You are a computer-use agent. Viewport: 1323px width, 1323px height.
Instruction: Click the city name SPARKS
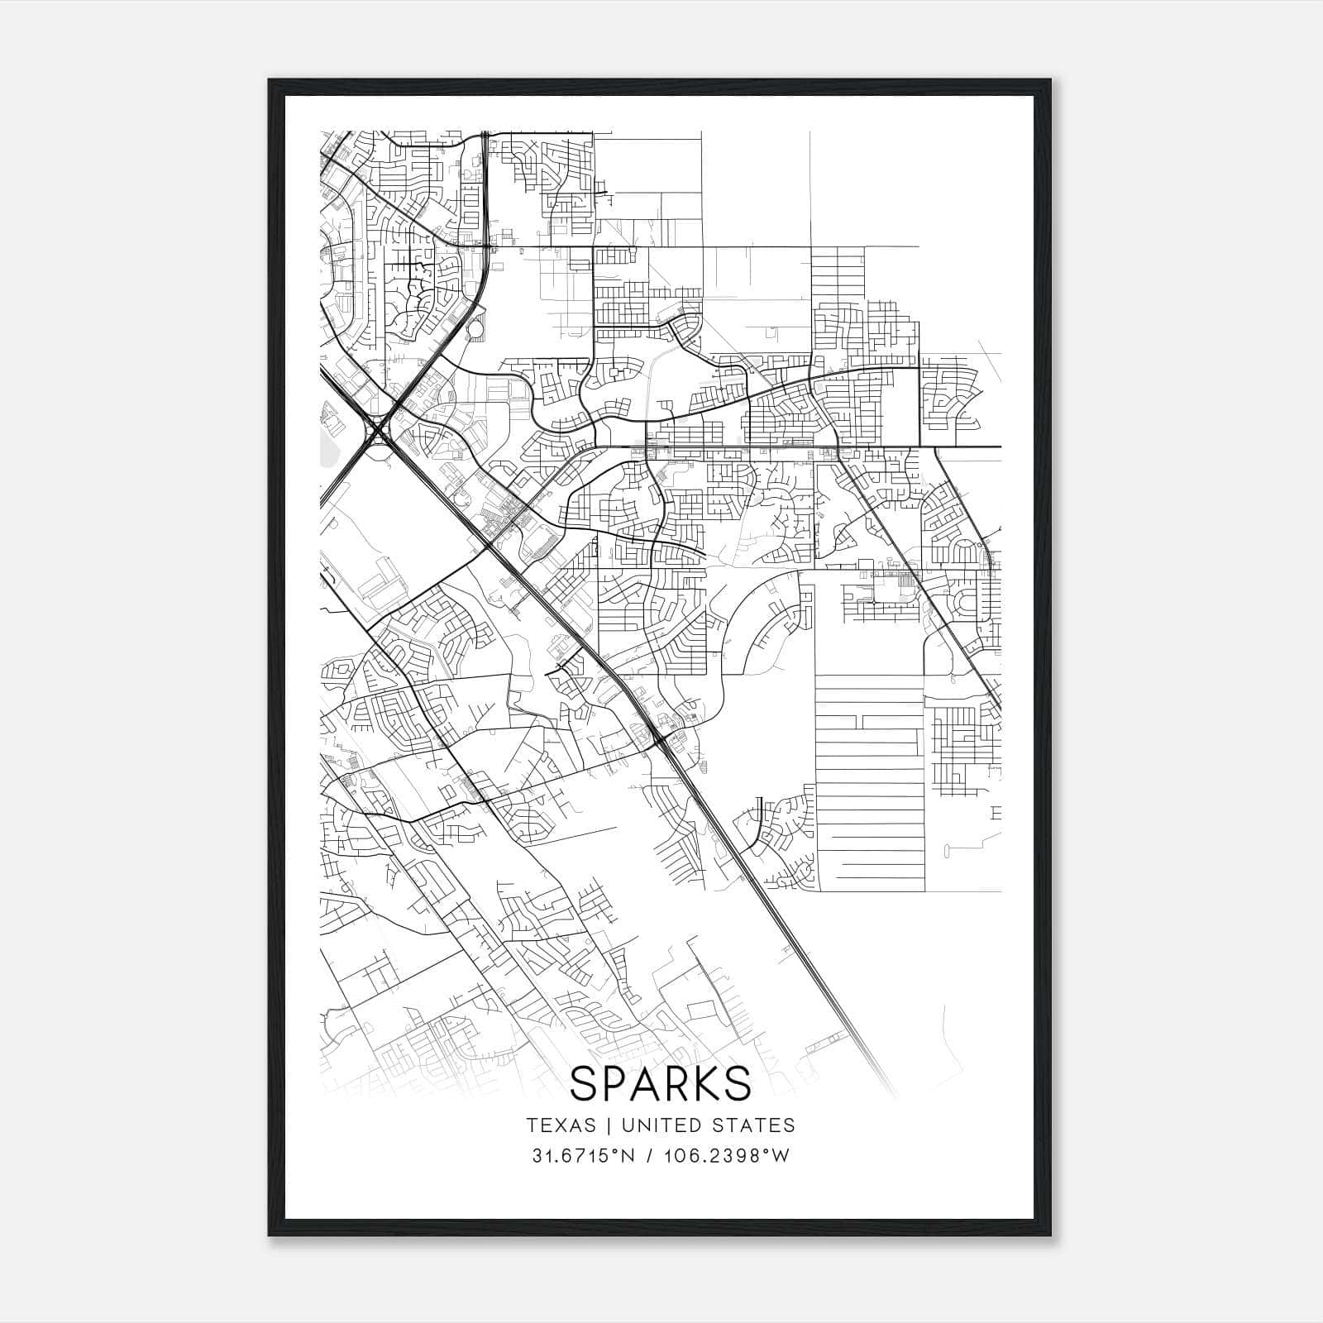(x=660, y=1083)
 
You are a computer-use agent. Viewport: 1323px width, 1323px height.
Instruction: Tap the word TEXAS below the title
(x=560, y=1125)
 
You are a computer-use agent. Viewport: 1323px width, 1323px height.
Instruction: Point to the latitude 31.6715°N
(x=584, y=1156)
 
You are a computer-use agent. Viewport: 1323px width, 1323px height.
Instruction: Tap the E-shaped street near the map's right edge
(x=995, y=814)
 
